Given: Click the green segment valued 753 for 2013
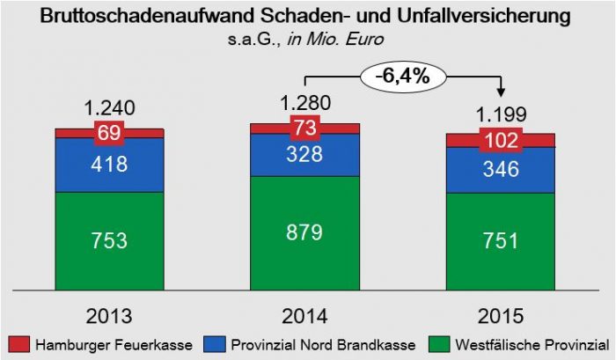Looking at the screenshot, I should pyautogui.click(x=109, y=239).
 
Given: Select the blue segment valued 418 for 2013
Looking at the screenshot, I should pyautogui.click(x=109, y=165).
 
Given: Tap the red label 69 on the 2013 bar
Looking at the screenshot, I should pyautogui.click(x=109, y=134).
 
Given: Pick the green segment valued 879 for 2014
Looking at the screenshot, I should pyautogui.click(x=304, y=232).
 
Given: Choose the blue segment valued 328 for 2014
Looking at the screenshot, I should pyautogui.click(x=304, y=155).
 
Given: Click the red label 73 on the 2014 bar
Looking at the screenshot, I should pyautogui.click(x=304, y=129).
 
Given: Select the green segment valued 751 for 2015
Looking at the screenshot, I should pyautogui.click(x=500, y=240).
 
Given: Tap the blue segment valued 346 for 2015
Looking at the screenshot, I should pyautogui.click(x=500, y=170).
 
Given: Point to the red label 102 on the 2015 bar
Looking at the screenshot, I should pyautogui.click(x=500, y=140).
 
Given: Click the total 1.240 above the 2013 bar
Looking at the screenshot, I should pyautogui.click(x=109, y=108).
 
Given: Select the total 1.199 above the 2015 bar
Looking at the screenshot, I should pyautogui.click(x=500, y=114).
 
